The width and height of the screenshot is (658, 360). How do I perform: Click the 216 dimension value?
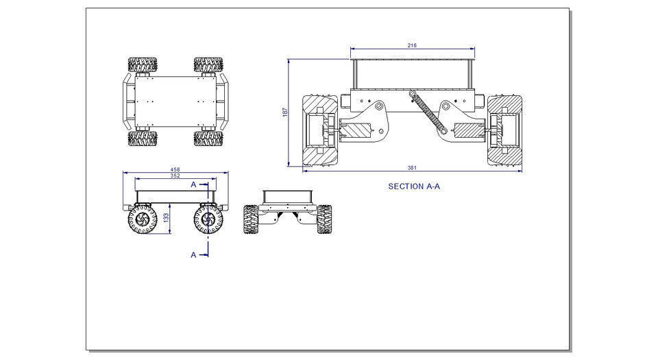point(412,45)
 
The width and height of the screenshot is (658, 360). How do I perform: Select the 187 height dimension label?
point(285,112)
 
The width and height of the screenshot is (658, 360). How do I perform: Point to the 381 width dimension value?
point(412,169)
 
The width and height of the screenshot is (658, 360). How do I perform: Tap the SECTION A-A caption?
point(414,186)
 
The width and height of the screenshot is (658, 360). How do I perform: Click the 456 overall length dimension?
point(175,169)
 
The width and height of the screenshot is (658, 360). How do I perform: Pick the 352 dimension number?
point(175,176)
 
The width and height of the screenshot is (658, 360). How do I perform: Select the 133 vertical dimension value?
point(167,217)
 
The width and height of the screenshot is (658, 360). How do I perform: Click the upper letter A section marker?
point(193,184)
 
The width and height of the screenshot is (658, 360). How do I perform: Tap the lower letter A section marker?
point(193,254)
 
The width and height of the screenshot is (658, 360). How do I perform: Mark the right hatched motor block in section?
point(469,130)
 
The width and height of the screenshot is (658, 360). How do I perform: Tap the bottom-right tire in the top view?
point(208,139)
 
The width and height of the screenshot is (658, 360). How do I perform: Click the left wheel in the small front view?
point(252,219)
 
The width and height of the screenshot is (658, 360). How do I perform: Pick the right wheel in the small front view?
point(324,219)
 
